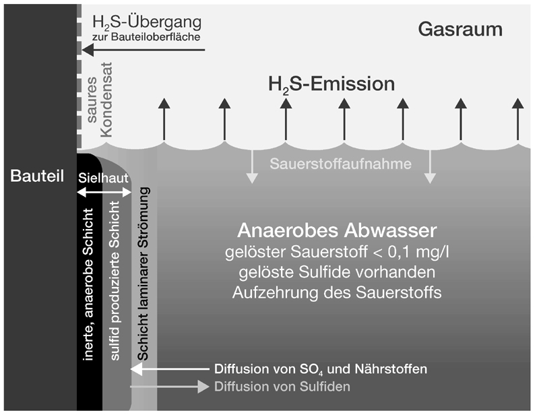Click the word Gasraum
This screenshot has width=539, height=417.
460,30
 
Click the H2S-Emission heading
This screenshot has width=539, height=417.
331,85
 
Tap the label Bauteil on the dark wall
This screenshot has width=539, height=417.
37,177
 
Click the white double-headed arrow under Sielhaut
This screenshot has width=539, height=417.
103,193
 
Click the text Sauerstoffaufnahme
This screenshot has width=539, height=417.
341,163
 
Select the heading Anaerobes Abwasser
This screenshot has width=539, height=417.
338,231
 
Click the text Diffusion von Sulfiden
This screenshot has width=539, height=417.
282,387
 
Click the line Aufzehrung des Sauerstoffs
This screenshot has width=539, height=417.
337,294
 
